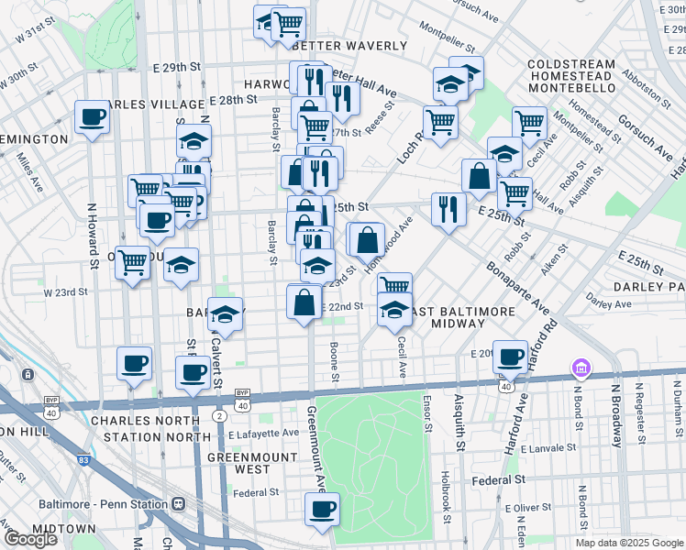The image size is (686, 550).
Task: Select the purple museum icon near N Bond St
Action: [580, 368]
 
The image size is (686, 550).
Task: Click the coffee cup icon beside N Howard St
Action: [92, 117]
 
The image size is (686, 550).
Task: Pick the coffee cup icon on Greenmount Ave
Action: [322, 510]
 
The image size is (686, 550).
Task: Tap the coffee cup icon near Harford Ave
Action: [511, 356]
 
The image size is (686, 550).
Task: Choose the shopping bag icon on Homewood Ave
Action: [367, 240]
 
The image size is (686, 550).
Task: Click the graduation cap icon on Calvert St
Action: [226, 313]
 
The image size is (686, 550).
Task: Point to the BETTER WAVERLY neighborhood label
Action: [349, 46]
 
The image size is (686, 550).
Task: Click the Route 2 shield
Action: [219, 416]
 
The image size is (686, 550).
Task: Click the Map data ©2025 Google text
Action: [629, 542]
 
